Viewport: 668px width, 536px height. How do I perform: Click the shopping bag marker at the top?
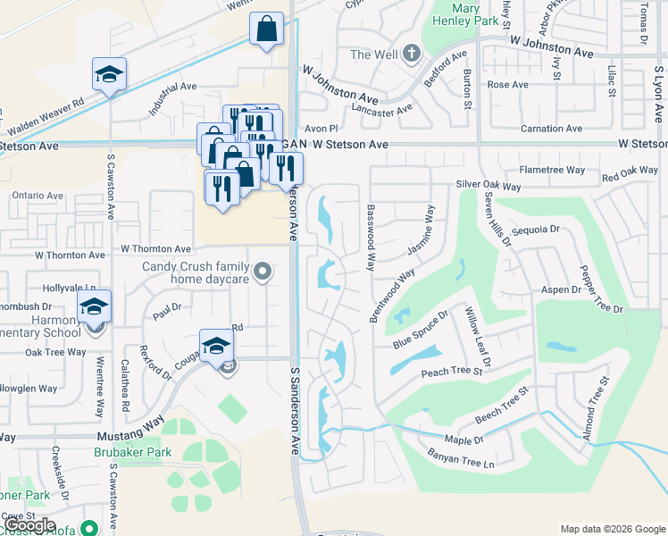click(x=267, y=29)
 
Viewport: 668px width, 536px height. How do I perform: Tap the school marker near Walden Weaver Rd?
click(x=109, y=75)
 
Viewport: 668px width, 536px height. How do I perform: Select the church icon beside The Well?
click(x=411, y=54)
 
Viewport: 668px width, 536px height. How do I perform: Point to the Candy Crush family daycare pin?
click(x=262, y=271)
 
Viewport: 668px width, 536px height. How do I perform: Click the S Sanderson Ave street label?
click(x=294, y=403)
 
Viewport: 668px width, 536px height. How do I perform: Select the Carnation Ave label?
click(x=552, y=129)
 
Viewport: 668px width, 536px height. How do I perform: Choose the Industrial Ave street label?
click(x=172, y=99)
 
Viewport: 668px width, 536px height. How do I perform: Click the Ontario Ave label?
click(x=38, y=196)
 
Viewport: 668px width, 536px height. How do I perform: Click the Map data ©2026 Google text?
click(x=613, y=529)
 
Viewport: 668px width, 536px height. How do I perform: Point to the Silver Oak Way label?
click(x=488, y=186)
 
